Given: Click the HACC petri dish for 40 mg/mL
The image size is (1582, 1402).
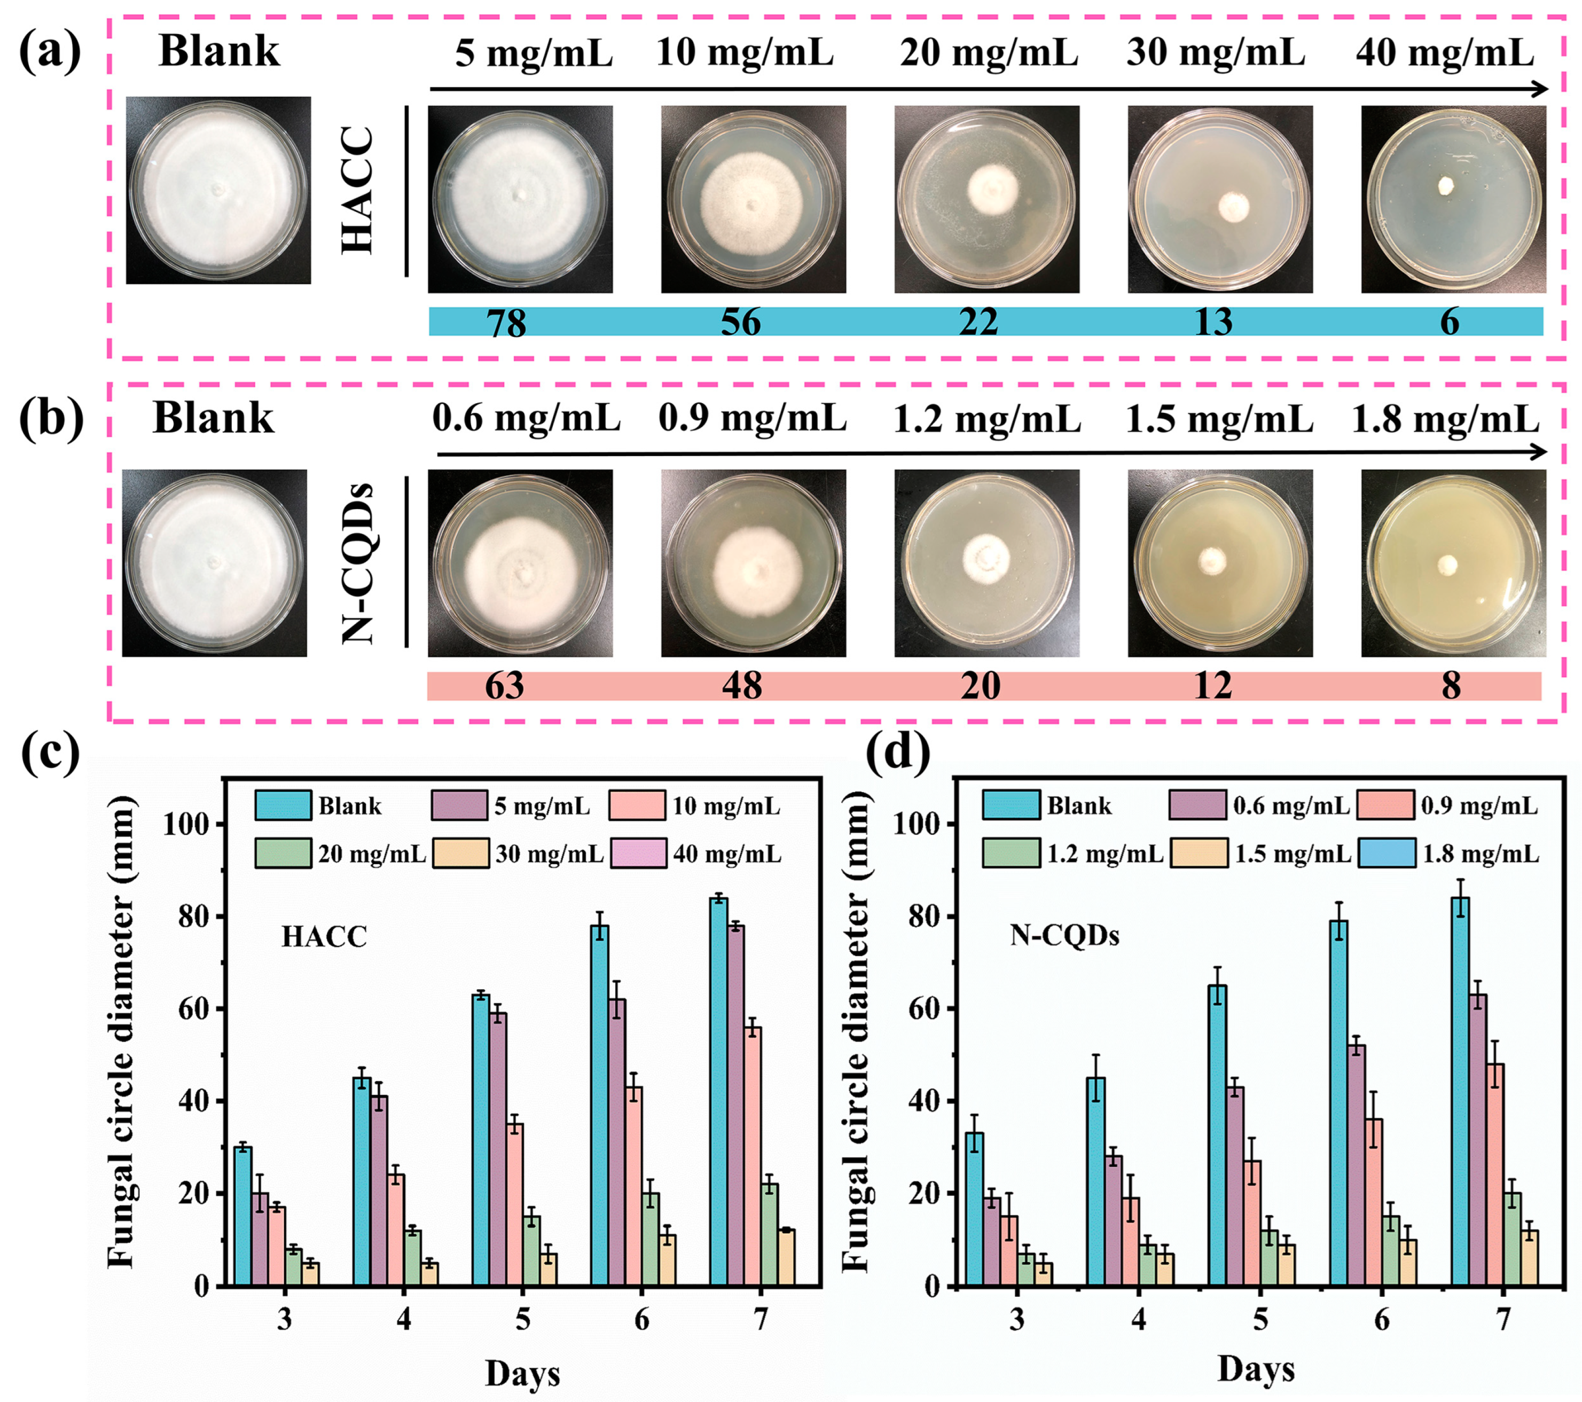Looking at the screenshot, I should pos(1453,199).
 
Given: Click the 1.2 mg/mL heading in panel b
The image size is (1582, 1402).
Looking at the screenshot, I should pos(987,419).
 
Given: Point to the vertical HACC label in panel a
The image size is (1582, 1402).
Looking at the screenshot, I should pos(358,191).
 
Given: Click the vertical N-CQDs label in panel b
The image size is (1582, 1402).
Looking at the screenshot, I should pos(358,563).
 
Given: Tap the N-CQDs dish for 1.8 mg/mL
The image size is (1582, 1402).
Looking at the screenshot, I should pos(1453,563).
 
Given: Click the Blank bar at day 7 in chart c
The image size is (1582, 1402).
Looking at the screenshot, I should pos(718,1092).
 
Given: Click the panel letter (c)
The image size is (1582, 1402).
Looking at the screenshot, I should pos(51,753).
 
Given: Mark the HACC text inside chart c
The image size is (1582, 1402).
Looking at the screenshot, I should pos(324,937).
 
